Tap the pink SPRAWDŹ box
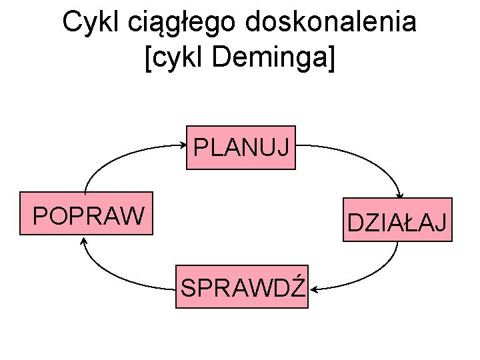[x=242, y=287]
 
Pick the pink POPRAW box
[x=87, y=215]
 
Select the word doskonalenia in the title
[x=330, y=22]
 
